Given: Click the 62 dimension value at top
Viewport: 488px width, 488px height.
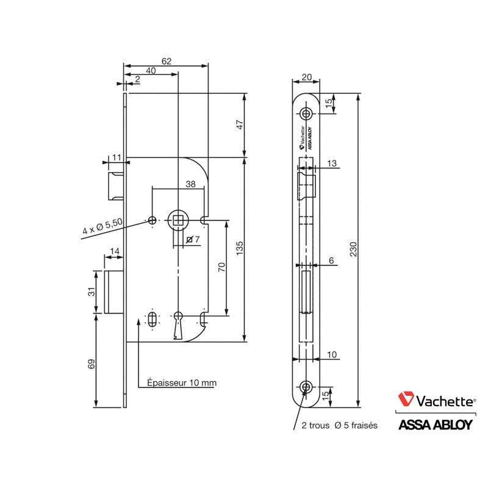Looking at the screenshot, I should coord(167,60).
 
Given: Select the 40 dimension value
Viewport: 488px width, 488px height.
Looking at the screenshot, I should coord(151,71).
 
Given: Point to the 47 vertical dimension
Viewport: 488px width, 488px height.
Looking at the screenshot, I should coord(240,124).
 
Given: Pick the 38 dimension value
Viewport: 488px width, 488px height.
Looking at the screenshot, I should coord(190,184).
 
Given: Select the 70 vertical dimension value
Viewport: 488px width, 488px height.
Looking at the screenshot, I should coord(221,267).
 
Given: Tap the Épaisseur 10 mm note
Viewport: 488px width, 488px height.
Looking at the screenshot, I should coord(182,383).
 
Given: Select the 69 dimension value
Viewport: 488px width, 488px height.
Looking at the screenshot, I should coord(92,365).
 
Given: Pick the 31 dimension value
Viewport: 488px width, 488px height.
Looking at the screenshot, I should coord(92,292).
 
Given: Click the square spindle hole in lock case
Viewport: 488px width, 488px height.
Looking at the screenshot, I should coord(178,219).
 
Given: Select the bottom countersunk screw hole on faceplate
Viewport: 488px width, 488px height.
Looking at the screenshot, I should coord(306,387).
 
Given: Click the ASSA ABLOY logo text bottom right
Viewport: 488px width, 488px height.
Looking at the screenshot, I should coord(435,425).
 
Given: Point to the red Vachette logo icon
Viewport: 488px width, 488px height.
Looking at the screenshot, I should coord(406,400).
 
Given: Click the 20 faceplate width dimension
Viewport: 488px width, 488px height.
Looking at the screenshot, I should coord(306,77).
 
